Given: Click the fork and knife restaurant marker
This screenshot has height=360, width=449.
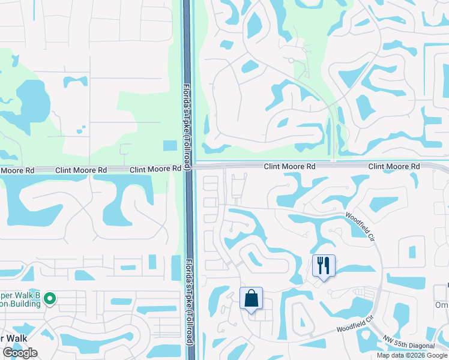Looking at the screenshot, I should pos(324,265).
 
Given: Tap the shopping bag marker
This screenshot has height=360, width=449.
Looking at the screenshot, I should pos(251,298).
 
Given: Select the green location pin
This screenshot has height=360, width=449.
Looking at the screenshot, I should pos(50,298).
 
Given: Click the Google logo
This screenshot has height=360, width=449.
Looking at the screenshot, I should pos(20,353).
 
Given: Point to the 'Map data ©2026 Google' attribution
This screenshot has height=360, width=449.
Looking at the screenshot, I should pos(411,355).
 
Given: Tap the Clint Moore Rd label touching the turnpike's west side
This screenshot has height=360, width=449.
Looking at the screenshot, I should pos(155,170).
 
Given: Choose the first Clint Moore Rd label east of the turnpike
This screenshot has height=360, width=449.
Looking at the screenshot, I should pos(290,166).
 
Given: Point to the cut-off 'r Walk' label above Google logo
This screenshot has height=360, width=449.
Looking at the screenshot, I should pos(14,338).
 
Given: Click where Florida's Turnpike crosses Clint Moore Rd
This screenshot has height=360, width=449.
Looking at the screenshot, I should pos(188,168).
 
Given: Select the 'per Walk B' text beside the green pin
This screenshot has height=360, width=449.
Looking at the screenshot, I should pos(20,295).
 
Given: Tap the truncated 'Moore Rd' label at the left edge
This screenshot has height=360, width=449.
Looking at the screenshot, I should pos(17,170).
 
